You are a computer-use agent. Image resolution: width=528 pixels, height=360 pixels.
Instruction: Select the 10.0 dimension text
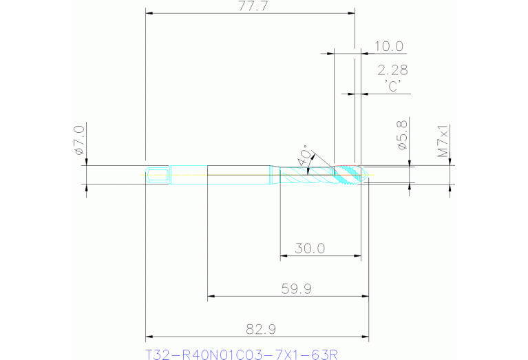(x=388, y=47)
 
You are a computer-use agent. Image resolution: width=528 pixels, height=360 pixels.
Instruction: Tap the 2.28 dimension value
(x=392, y=70)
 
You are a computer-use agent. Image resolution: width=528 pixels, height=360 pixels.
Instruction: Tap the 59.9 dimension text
(x=297, y=289)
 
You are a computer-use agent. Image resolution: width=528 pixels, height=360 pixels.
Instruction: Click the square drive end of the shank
(x=158, y=175)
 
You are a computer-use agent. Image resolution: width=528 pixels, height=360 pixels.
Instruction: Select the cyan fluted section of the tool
(x=306, y=176)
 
